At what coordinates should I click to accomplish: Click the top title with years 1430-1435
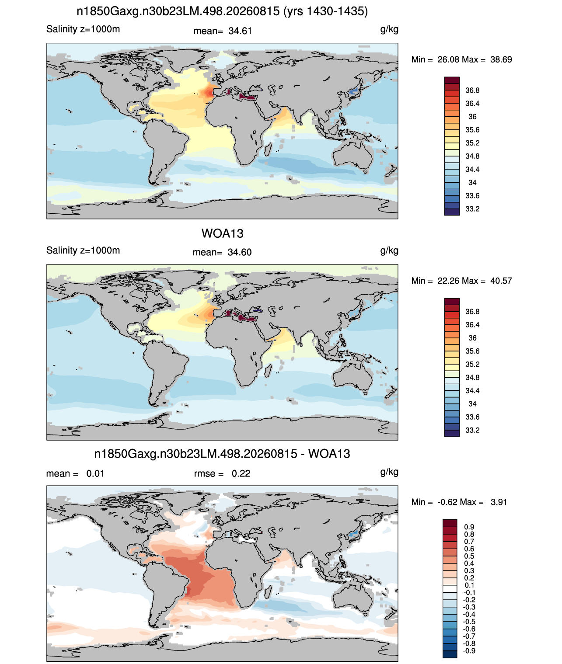coord(222,11)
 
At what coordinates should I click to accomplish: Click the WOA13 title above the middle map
coord(222,233)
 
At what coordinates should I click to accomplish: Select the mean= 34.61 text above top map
coord(222,31)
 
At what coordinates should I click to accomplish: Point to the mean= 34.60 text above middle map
coord(222,252)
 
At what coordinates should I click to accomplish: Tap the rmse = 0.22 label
coord(222,473)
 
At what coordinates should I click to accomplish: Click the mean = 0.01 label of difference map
coord(75,473)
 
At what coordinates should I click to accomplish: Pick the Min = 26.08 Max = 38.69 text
coord(461,59)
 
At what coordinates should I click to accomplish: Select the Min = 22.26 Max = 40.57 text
coord(461,281)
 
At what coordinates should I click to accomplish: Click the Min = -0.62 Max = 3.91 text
coord(459,502)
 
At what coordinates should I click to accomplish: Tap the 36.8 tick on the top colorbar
coord(472,90)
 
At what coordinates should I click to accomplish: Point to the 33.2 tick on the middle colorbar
coord(472,430)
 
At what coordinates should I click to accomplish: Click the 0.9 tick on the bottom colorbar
coord(469,527)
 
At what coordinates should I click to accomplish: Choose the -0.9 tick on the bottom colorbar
coord(469,651)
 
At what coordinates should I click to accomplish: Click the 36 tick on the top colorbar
coord(472,117)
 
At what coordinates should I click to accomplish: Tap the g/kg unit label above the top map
coord(389,30)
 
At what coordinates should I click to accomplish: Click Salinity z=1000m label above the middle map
coord(83,250)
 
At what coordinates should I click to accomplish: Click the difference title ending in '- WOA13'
coord(222,454)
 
